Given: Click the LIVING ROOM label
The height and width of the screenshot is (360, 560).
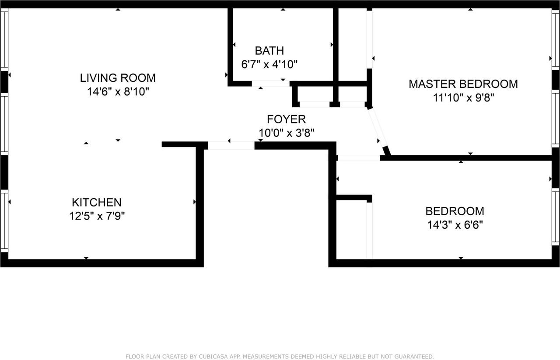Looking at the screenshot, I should (118, 78).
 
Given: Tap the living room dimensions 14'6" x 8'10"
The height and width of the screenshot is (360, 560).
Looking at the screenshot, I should (118, 92).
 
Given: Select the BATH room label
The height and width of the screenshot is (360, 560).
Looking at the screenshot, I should (269, 50).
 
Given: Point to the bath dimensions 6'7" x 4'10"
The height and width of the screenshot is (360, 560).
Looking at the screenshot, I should (269, 65).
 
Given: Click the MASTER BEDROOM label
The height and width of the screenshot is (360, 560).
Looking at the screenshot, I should (463, 84).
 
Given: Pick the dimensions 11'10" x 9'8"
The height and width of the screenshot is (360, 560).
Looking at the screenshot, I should (463, 98).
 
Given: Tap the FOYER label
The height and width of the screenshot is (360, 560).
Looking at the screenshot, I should (286, 119).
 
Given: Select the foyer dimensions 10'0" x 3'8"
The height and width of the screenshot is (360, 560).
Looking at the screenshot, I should (287, 133).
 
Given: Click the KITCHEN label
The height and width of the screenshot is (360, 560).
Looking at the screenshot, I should (96, 203).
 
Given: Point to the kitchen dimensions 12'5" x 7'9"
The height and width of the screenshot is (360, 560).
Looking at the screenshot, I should (97, 216).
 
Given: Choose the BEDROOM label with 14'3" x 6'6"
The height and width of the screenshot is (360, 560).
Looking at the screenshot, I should (455, 211).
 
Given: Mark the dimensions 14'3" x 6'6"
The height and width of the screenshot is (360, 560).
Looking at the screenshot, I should (455, 225).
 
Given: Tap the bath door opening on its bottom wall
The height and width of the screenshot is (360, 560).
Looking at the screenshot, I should (270, 84).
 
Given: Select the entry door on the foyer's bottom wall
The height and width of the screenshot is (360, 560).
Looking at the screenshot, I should (231, 146).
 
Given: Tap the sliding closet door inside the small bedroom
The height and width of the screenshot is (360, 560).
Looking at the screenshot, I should (369, 231).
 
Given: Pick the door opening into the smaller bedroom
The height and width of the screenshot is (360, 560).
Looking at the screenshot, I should (358, 158).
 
